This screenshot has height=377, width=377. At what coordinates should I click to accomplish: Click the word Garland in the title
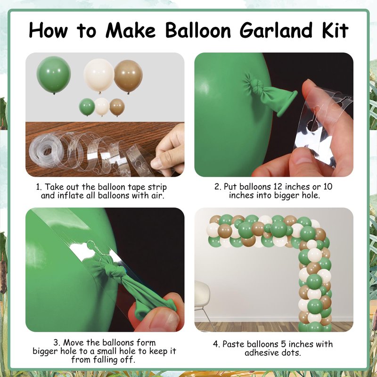(276, 31)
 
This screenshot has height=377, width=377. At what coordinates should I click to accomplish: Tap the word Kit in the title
(335, 30)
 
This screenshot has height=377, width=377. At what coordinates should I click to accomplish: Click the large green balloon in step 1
(54, 75)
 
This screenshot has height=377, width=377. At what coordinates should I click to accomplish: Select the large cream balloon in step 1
(99, 75)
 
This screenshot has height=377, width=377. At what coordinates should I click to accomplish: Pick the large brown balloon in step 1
(128, 76)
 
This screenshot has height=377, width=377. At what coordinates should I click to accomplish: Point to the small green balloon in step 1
(87, 107)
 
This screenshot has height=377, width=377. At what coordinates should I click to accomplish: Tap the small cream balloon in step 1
(102, 107)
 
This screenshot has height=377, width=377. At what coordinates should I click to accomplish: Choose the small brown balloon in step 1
(117, 107)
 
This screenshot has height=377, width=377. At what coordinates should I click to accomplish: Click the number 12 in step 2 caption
(278, 187)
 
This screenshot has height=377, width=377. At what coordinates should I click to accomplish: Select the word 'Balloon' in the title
(198, 30)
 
